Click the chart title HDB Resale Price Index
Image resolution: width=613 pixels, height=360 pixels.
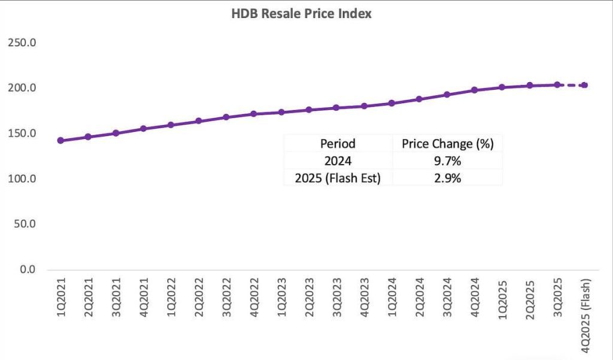[x=301, y=13]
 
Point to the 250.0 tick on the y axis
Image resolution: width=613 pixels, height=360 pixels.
[x=20, y=43]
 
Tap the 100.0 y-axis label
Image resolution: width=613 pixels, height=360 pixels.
[x=20, y=179]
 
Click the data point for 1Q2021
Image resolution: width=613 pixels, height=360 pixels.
[x=60, y=140]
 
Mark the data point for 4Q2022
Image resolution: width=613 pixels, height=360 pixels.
[x=254, y=114]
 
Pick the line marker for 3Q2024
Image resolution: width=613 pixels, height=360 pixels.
[x=447, y=95]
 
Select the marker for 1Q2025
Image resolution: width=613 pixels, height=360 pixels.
[x=502, y=87]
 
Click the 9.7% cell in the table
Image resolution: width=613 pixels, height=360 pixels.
[x=447, y=161]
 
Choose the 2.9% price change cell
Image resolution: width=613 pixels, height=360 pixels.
[x=447, y=178]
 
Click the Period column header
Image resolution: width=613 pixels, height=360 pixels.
[x=338, y=143]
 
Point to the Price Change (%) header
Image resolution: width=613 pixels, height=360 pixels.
[x=447, y=143]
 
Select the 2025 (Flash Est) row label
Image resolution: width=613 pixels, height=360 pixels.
[x=338, y=178]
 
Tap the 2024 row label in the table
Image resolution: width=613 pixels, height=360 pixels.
[x=338, y=161]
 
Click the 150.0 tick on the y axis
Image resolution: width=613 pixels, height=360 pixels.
[x=20, y=134]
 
